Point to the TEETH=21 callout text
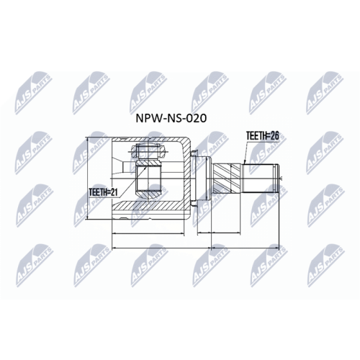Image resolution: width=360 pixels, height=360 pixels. click(x=103, y=192)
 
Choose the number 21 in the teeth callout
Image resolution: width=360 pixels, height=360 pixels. click(x=114, y=192)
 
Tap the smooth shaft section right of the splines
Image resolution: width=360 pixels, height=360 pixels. click(x=260, y=176)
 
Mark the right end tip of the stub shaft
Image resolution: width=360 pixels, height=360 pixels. click(x=279, y=176)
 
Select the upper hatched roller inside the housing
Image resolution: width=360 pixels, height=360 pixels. click(x=148, y=153)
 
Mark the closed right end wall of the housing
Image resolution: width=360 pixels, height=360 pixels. click(x=189, y=176)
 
